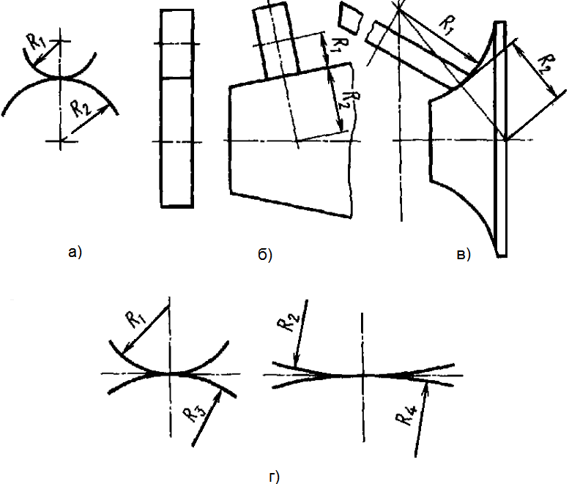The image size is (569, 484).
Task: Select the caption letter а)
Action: pyautogui.click(x=74, y=253)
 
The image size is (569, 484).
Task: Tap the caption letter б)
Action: pyautogui.click(x=265, y=255)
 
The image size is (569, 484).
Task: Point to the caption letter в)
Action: pyautogui.click(x=463, y=254)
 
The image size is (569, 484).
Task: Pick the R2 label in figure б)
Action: pyautogui.click(x=346, y=97)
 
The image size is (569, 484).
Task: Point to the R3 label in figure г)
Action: pyautogui.click(x=193, y=414)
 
